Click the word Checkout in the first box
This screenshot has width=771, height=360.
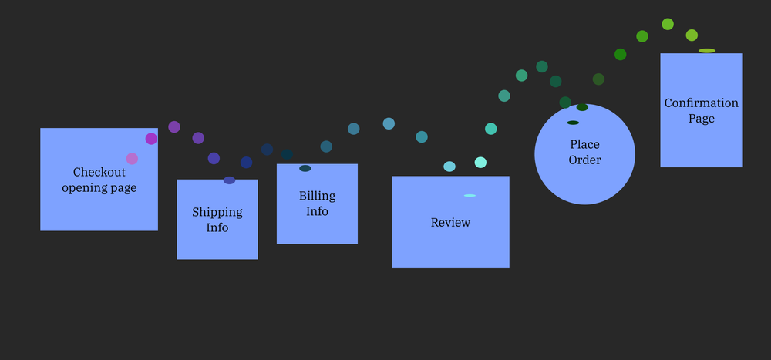click(99, 172)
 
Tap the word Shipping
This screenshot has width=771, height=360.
click(217, 212)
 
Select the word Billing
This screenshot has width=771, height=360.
click(317, 196)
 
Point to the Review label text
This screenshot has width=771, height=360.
click(450, 223)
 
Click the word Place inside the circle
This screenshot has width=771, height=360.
click(584, 144)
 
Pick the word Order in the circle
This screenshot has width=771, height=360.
click(584, 160)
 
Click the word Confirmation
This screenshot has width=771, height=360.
click(702, 103)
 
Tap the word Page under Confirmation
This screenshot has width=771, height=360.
click(702, 119)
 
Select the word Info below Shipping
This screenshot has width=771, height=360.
click(217, 227)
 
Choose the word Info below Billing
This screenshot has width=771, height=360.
click(317, 211)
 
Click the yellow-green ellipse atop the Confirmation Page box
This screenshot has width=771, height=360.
click(707, 51)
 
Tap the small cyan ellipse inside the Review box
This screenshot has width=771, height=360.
click(470, 196)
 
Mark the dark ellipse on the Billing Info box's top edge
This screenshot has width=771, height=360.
click(305, 168)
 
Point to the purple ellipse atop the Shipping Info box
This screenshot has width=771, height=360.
click(229, 180)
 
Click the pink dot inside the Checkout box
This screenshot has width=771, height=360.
click(132, 159)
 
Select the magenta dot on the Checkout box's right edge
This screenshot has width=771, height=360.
click(151, 139)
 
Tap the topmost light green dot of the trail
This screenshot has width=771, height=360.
click(668, 24)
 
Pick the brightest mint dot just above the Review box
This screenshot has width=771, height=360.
click(480, 162)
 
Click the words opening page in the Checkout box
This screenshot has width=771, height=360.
click(99, 187)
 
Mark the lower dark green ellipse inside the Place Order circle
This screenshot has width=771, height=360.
click(573, 123)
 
